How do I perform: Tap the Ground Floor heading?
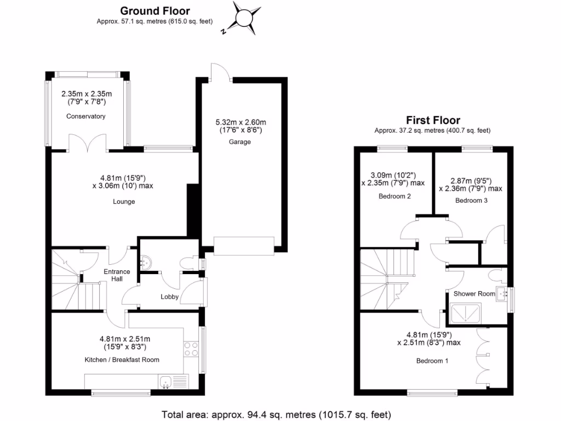[155, 11]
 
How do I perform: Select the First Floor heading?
[433, 120]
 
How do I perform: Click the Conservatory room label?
[86, 116]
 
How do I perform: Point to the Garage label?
[240, 141]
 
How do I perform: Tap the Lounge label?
[124, 201]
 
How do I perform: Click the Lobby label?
[169, 297]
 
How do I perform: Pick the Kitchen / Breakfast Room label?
[122, 360]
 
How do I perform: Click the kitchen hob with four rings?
[191, 349]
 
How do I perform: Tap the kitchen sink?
[166, 381]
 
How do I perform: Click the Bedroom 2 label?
[395, 196]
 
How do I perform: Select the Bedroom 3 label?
[471, 201]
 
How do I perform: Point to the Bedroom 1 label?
[432, 361]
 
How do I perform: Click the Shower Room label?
[473, 294]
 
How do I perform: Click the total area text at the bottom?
[276, 414]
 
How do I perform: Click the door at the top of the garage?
[220, 73]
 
